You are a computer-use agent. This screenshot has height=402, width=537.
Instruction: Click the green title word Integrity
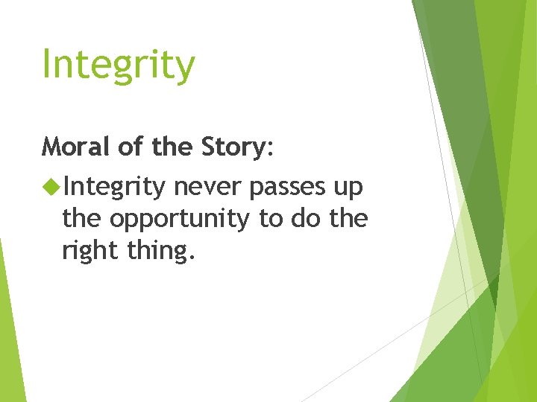click(x=118, y=65)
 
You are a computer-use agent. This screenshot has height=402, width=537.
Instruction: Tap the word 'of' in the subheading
click(x=130, y=147)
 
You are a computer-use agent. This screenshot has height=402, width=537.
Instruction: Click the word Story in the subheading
click(x=230, y=147)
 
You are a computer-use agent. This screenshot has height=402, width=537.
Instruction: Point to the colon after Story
click(x=270, y=149)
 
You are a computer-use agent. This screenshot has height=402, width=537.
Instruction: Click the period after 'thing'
click(x=193, y=258)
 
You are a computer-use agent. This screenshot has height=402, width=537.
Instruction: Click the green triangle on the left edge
click(x=9, y=328)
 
